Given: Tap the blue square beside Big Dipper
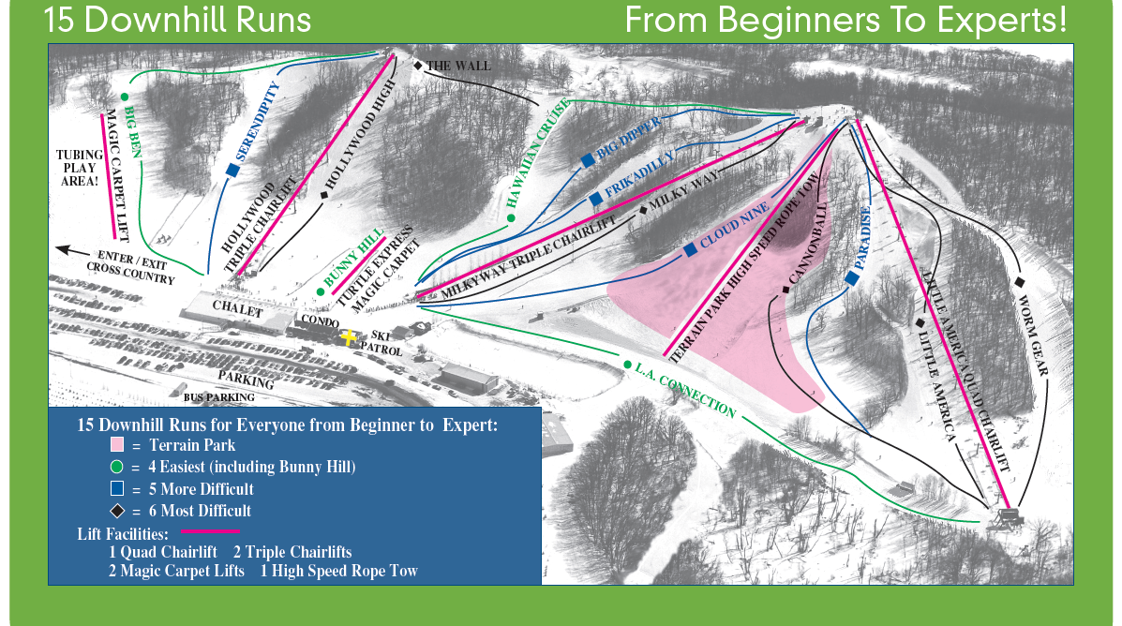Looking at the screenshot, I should [588, 160].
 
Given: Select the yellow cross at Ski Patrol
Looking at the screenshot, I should [350, 337].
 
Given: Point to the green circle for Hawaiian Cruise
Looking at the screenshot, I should [512, 218].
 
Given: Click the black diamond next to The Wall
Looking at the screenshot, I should [418, 65].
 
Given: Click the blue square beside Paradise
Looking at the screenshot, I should [852, 278].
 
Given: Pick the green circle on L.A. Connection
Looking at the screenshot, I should [626, 365].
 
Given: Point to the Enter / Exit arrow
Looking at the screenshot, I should [70, 250].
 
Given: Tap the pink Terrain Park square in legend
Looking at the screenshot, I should [117, 444].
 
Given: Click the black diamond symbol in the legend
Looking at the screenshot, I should [117, 511].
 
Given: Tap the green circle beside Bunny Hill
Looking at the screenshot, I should [321, 291].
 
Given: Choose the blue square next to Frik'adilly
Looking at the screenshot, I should [595, 199].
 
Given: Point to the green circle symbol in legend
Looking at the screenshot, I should [117, 467].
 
